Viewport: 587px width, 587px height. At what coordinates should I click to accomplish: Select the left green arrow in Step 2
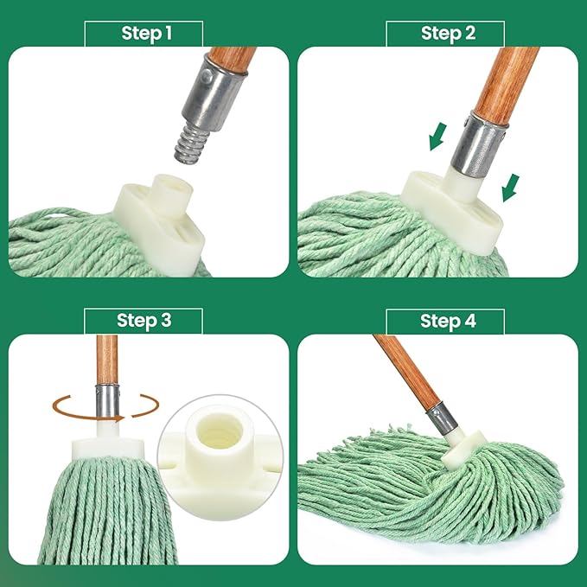[440, 135]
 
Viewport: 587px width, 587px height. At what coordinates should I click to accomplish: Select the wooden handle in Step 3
[106, 359]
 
